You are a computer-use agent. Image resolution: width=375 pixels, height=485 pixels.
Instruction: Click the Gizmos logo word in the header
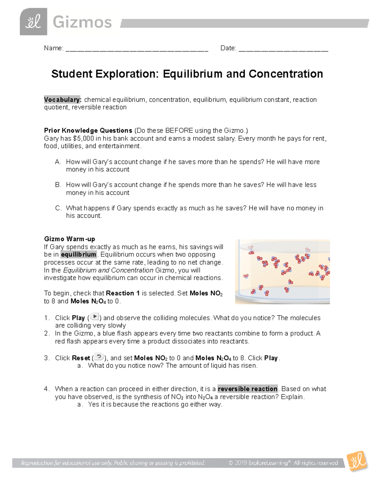(82, 22)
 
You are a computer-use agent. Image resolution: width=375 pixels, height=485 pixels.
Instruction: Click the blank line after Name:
(137, 49)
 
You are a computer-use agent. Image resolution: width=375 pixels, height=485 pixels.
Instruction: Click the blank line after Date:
(283, 49)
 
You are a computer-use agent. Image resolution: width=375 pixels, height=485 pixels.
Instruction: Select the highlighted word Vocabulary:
(62, 100)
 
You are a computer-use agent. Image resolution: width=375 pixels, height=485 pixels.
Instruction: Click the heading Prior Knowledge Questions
(88, 131)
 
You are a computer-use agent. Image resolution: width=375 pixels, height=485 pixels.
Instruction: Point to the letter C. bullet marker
(58, 208)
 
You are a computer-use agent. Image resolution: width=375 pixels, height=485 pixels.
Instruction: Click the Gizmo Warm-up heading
(69, 239)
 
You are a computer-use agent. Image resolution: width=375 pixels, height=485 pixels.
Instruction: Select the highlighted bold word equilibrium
(78, 255)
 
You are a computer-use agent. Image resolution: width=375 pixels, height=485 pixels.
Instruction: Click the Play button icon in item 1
(95, 317)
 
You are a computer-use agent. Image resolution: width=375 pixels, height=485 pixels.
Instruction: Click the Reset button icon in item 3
(99, 357)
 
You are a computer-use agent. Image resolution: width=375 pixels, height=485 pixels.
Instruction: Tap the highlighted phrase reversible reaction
(247, 389)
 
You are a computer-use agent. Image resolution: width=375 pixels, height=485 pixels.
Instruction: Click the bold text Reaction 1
(122, 293)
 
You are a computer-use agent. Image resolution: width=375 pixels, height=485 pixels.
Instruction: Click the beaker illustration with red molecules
(282, 272)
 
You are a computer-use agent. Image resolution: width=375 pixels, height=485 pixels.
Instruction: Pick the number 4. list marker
(47, 389)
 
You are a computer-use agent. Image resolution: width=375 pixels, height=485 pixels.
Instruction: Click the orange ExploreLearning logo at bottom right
(357, 461)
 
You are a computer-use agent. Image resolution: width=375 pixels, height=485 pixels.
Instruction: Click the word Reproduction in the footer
(37, 463)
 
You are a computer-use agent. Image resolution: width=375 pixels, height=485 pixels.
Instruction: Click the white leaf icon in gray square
(33, 22)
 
